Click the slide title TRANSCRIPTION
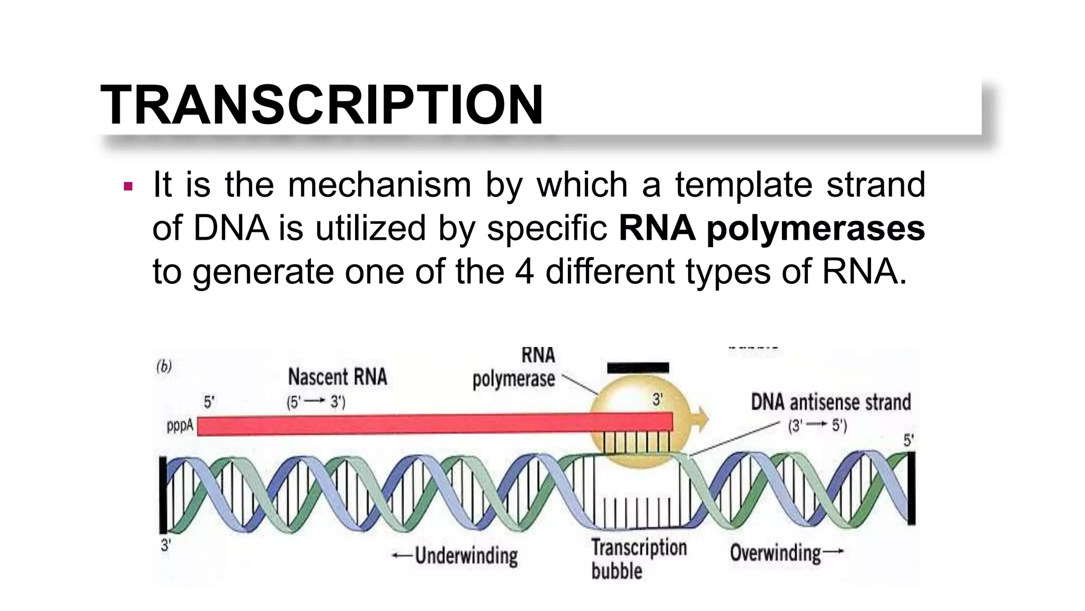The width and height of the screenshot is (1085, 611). (322, 104)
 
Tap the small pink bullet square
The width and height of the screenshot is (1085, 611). (128, 187)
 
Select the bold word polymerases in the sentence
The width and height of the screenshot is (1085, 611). (816, 229)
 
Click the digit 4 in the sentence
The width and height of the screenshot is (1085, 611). (524, 272)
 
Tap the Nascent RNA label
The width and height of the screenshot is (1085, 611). (337, 378)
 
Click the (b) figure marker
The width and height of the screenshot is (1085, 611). (164, 366)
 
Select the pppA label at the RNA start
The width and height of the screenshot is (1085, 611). (180, 425)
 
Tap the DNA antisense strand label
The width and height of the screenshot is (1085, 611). (831, 402)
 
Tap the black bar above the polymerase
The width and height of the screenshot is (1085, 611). (638, 368)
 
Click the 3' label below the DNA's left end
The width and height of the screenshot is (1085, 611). (166, 545)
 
